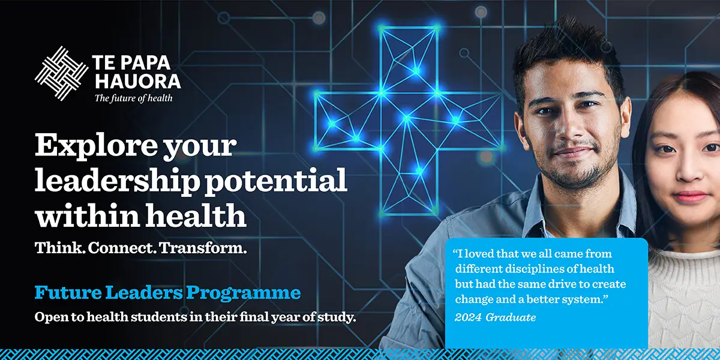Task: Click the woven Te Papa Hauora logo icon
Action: pos(61,73)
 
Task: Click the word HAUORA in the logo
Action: pos(138,82)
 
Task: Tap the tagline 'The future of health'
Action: pos(133,98)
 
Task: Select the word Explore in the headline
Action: pos(96,146)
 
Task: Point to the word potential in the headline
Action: pos(276,181)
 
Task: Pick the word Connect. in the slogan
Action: pos(122,248)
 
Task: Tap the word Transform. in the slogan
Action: pos(203,248)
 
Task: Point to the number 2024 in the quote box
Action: pos(468,317)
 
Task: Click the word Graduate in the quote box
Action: pos(511,317)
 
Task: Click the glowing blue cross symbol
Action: pos(409,121)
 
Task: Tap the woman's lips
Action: pos(691,196)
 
